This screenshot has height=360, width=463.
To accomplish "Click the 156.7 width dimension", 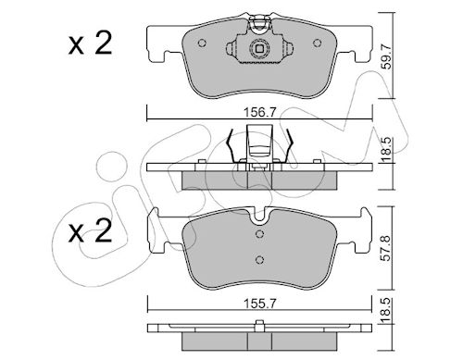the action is tap(259, 112).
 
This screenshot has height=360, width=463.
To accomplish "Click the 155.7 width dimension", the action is tap(259, 304).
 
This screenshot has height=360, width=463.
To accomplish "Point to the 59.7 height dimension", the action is tap(386, 56).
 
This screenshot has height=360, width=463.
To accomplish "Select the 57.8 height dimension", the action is tap(386, 248).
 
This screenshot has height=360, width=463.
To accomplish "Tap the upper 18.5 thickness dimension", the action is tap(386, 149).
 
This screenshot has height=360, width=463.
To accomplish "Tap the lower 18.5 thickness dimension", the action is tap(386, 310).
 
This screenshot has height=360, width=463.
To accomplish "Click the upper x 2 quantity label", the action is tap(90, 44).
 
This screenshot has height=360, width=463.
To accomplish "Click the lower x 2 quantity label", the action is tap(90, 231).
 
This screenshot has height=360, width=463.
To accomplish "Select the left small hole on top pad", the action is tap(202, 43).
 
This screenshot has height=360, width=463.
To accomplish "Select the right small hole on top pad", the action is tap(317, 43).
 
